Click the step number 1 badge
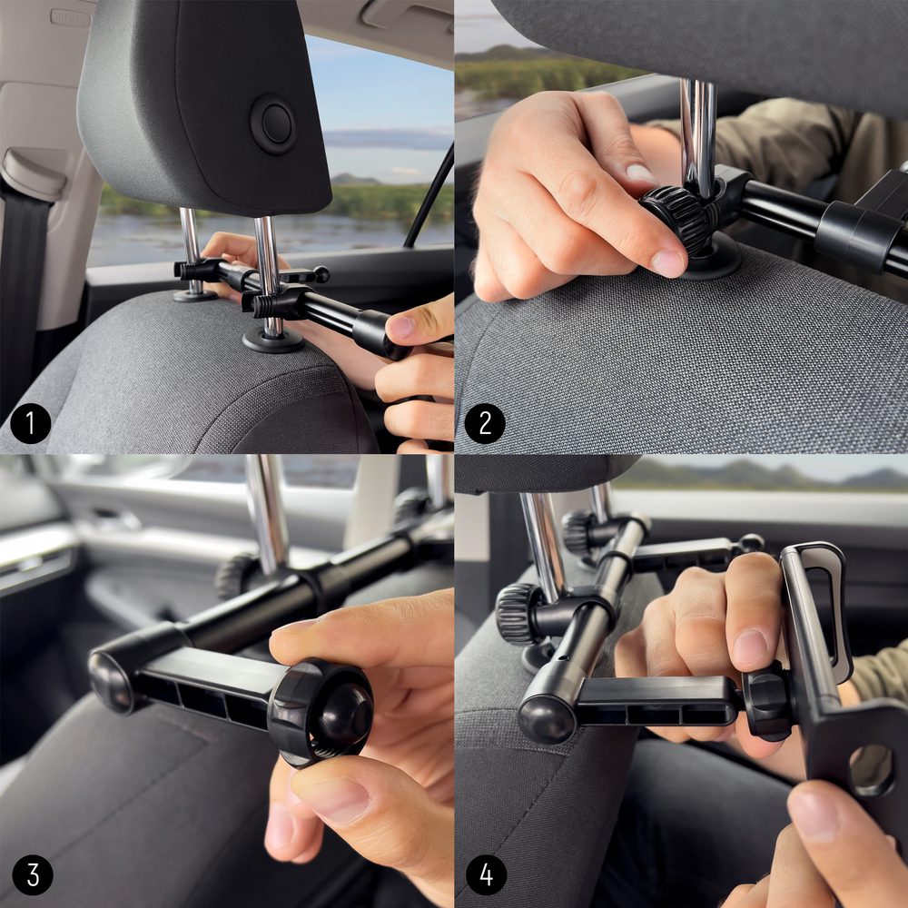click(30, 423)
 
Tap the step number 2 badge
click(485, 423)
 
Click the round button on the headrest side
click(272, 125)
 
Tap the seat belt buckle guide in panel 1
click(32, 173)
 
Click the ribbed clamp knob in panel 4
click(519, 613)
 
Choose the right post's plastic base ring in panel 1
click(272, 340)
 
